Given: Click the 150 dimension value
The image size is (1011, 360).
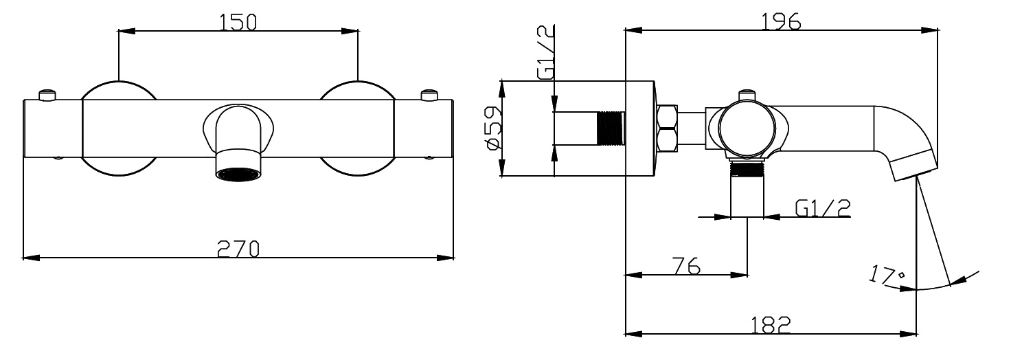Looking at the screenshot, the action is (238, 22).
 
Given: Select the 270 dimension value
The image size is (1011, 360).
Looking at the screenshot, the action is (238, 249).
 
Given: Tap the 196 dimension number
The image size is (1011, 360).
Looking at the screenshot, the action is (781, 21).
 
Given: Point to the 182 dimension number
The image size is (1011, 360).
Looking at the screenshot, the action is (771, 325).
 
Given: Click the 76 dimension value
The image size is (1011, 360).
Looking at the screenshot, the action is (686, 266).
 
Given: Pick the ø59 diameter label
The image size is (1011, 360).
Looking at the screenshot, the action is (492, 128).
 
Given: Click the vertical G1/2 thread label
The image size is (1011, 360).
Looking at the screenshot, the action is (545, 53).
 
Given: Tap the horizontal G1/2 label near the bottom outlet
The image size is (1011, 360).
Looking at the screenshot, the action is (823, 208).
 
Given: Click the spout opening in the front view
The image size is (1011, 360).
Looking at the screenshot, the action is (238, 174).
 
